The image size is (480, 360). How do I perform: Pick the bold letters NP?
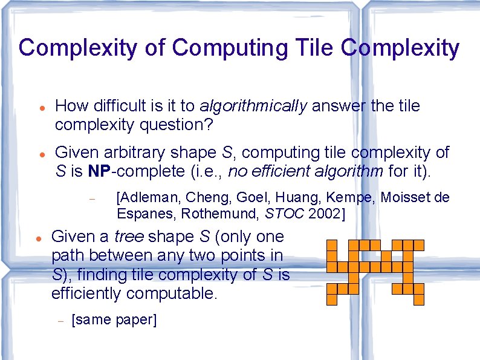[99, 171]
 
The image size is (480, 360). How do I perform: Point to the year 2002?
[325, 213]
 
